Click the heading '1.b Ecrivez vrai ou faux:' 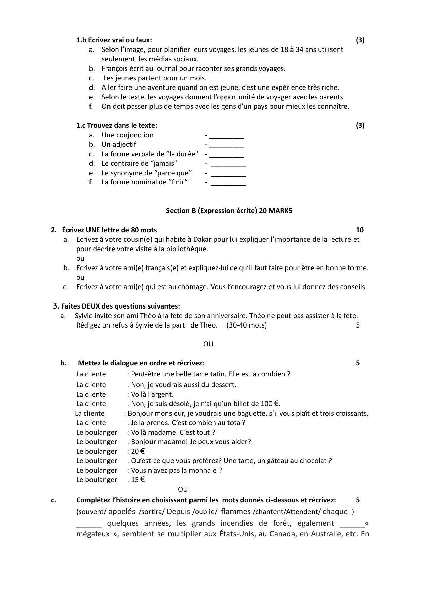[114, 40]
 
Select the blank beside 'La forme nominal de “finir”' [228, 183]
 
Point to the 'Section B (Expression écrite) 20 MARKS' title [229, 211]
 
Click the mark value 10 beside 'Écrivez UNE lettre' [360, 230]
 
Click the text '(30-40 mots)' [247, 325]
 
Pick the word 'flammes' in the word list [236, 511]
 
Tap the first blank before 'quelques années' [89, 524]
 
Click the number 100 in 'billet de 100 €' [266, 404]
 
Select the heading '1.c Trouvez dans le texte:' [117, 125]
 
